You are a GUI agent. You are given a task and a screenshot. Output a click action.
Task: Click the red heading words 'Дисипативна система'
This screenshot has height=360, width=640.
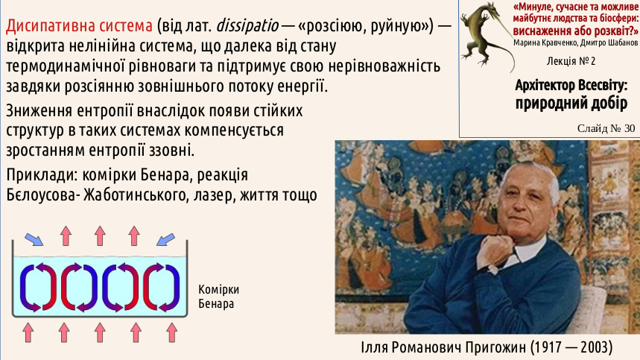click(79, 26)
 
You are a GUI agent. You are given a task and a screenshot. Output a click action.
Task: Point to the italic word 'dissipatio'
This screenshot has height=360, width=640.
click(247, 26)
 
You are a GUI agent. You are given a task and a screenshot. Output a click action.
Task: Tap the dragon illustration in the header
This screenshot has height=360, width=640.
click(487, 37)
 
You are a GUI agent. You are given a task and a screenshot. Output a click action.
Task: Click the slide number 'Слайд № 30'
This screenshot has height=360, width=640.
click(606, 128)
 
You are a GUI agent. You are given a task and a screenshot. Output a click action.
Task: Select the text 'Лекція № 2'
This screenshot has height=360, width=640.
click(571, 61)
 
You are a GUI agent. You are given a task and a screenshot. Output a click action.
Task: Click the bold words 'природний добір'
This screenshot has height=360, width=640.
click(571, 103)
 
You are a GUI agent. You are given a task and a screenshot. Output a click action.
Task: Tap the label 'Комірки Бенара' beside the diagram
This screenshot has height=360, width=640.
click(219, 297)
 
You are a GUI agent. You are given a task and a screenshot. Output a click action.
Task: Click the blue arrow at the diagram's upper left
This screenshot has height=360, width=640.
click(34, 239)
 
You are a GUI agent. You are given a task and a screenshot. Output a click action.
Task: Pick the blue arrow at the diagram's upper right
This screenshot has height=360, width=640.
click(165, 239)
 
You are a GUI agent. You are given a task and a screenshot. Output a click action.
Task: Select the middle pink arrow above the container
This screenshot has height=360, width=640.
click(100, 236)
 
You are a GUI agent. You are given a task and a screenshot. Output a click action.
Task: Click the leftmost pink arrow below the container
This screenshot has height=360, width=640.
click(28, 332)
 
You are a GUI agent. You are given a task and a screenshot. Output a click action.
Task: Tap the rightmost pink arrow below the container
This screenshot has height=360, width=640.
click(172, 332)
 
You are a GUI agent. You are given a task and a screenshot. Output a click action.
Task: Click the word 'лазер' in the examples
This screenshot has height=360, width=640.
click(214, 195)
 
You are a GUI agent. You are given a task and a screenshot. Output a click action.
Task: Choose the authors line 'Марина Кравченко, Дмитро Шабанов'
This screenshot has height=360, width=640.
click(575, 43)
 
